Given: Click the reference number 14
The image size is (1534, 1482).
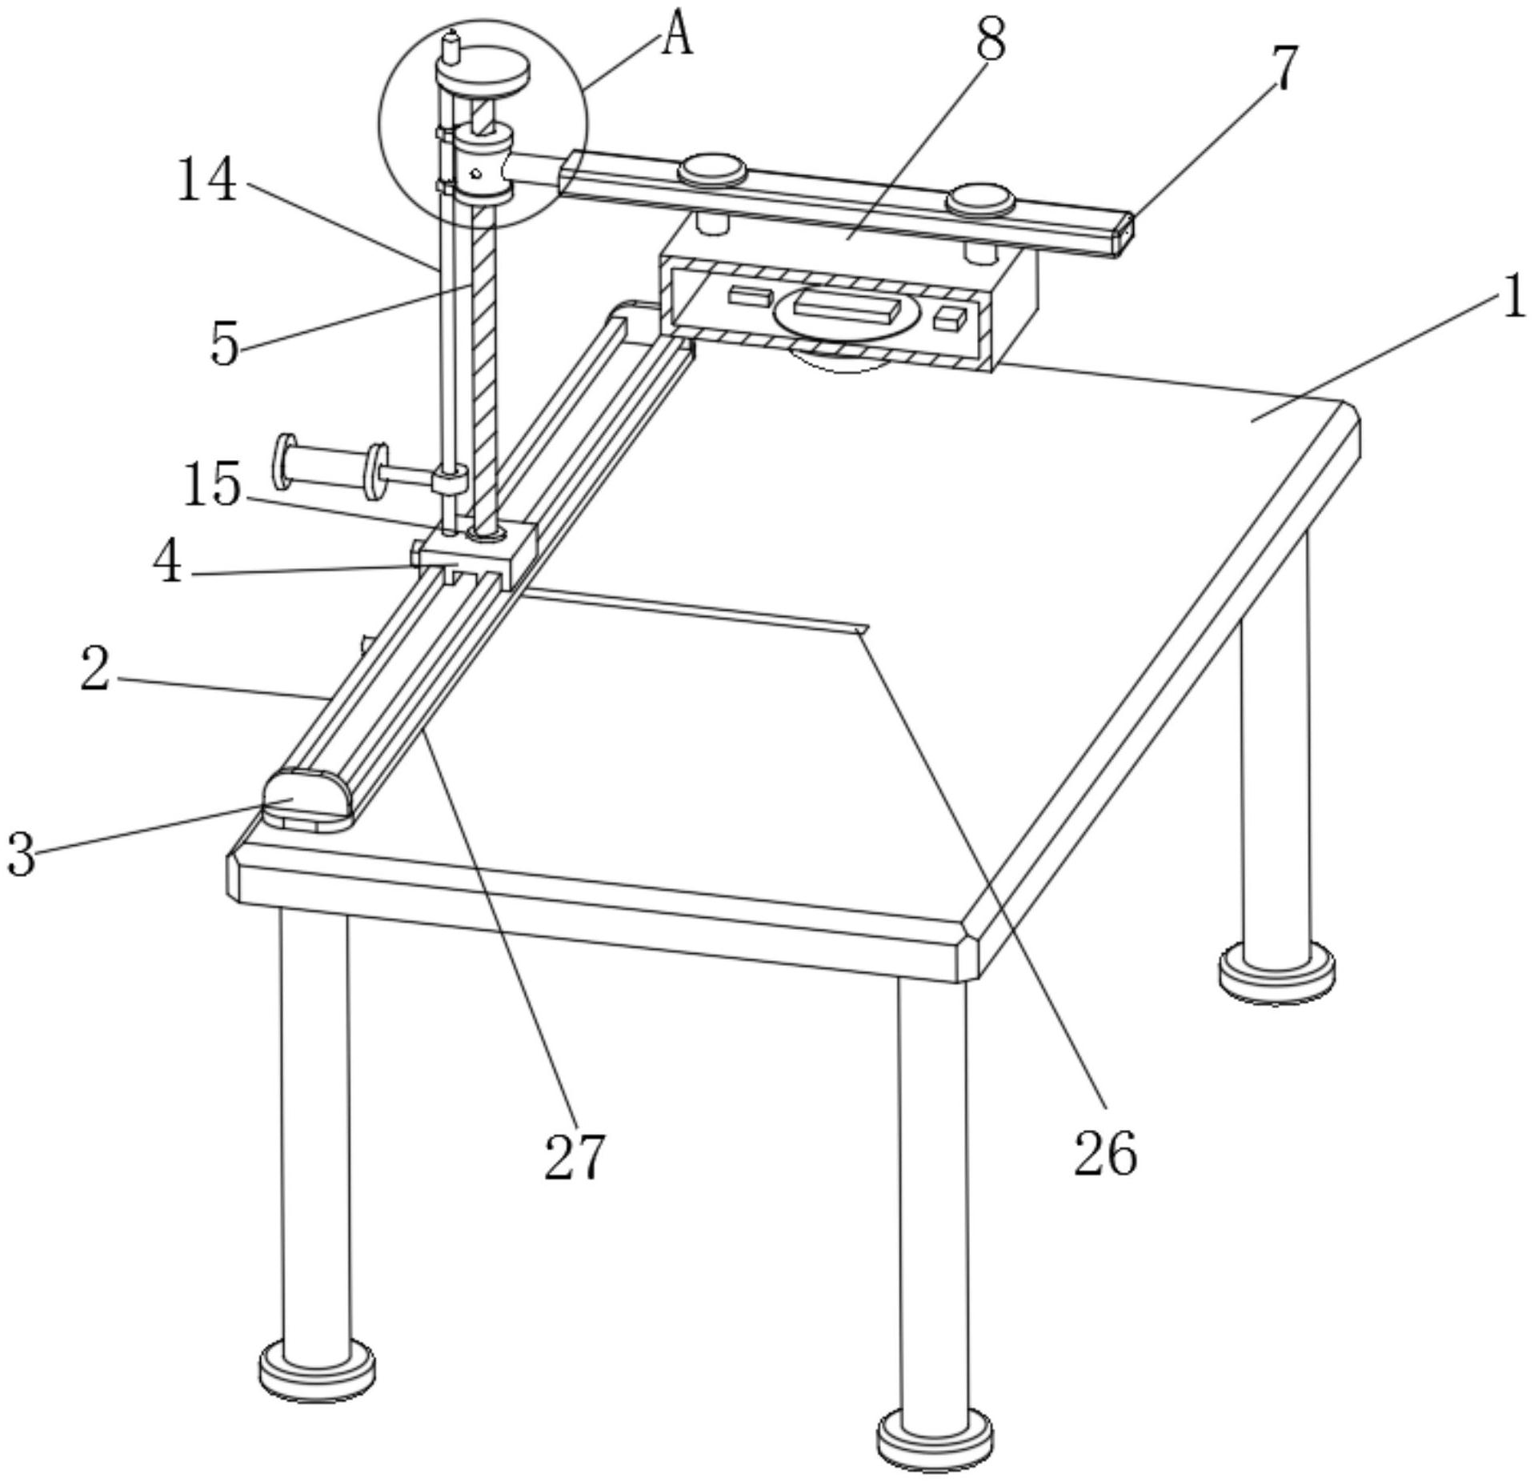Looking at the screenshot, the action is click(206, 178).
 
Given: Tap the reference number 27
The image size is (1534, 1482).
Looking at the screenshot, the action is click(575, 1156).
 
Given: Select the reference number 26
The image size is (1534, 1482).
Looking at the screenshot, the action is click(1104, 1153).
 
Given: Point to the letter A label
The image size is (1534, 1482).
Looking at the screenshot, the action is click(677, 37).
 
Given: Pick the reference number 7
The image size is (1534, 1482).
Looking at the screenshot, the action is click(1284, 67).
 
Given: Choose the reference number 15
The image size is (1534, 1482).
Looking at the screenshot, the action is click(212, 485).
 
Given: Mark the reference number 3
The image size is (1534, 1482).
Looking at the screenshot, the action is click(22, 854).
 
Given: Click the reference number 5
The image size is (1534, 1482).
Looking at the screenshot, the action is click(225, 344).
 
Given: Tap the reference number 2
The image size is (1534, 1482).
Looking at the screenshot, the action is click(95, 669).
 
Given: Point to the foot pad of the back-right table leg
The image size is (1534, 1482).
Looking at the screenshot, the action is click(1276, 972).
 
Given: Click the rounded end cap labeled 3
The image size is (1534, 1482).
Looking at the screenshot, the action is click(307, 799).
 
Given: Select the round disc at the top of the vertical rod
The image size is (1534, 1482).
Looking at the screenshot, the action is click(483, 74).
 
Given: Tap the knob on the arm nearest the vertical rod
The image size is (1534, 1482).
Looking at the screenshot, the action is click(712, 171).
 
